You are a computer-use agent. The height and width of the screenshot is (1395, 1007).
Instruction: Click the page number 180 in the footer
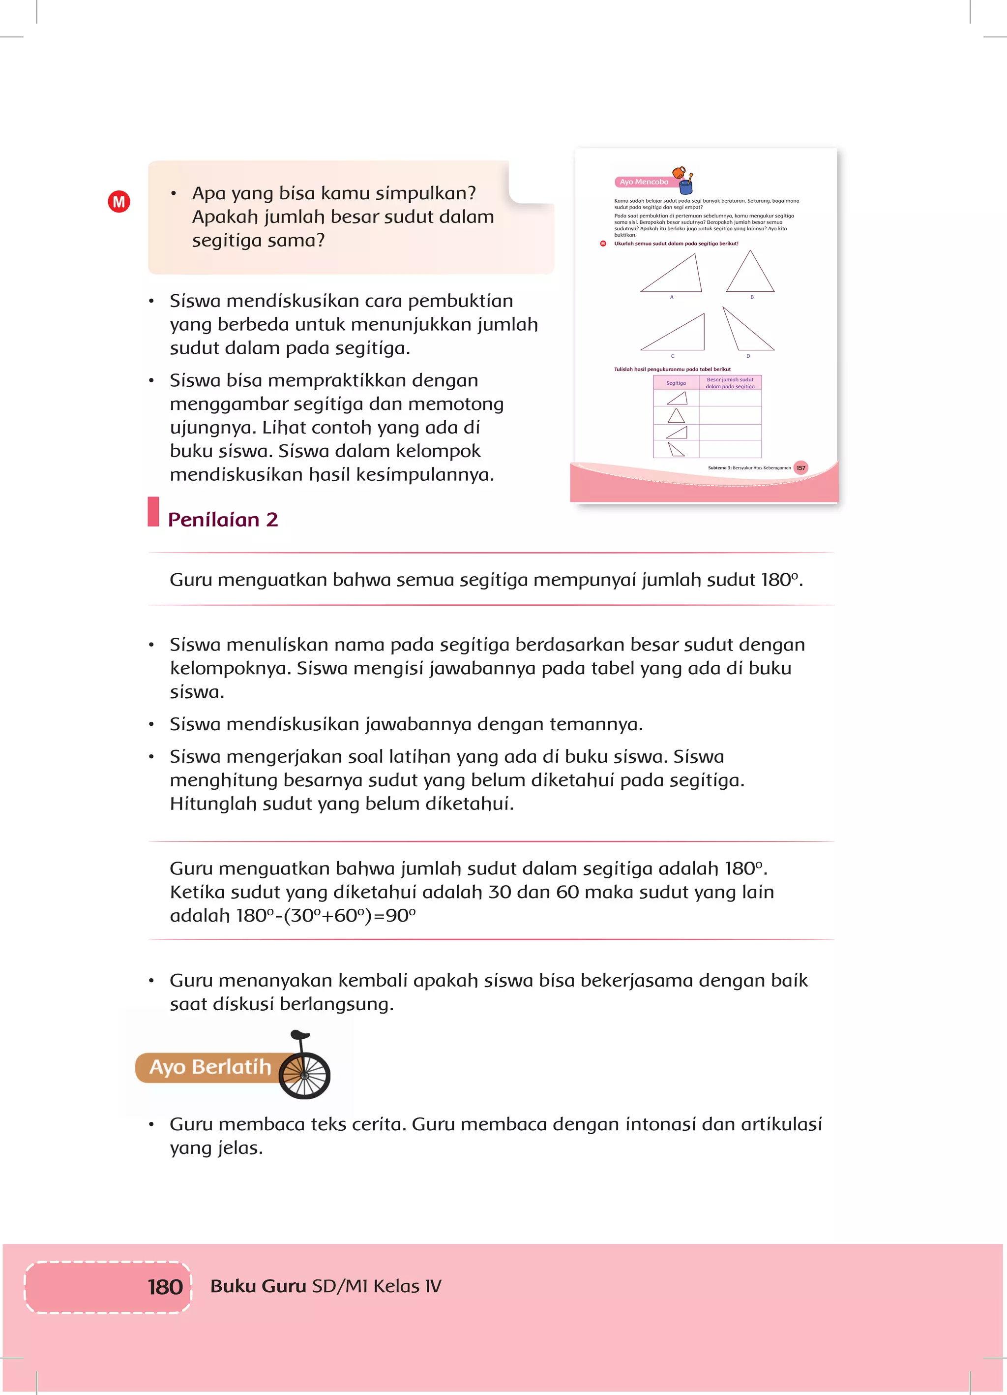(165, 1287)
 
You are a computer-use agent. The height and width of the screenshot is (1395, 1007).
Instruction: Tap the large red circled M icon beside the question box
(118, 202)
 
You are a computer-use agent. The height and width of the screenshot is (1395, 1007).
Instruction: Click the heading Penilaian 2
(223, 520)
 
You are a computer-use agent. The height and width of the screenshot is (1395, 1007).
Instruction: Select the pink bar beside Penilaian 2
(153, 512)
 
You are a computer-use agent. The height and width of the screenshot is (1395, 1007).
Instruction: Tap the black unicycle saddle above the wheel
(300, 1035)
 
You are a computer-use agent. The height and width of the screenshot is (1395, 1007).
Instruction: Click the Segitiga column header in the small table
(676, 383)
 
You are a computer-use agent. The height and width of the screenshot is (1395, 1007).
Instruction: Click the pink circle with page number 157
(800, 468)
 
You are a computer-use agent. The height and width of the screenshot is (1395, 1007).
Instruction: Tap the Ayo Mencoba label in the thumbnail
(644, 182)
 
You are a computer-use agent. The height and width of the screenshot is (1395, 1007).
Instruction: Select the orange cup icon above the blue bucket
(679, 172)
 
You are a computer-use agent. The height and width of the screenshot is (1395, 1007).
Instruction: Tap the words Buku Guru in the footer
(258, 1286)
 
